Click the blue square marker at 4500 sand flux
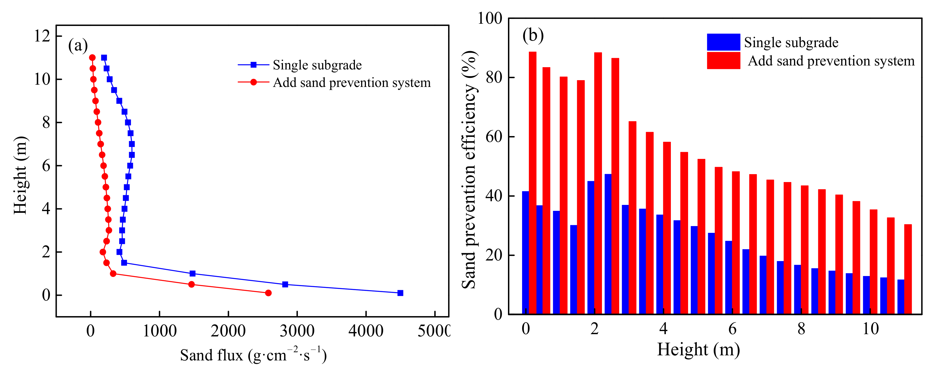pos(400,293)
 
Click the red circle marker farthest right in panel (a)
pos(268,293)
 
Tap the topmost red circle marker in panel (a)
pos(92,57)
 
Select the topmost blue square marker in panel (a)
pos(104,57)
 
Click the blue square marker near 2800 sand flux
pos(285,284)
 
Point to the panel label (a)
pos(78,45)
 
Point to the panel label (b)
pos(533,35)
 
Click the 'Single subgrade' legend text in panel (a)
pos(317,65)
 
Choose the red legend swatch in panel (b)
pos(723,61)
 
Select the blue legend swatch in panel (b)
pos(723,42)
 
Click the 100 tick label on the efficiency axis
pos(489,18)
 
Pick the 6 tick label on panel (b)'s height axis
pos(732,329)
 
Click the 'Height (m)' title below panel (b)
pos(698,349)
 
